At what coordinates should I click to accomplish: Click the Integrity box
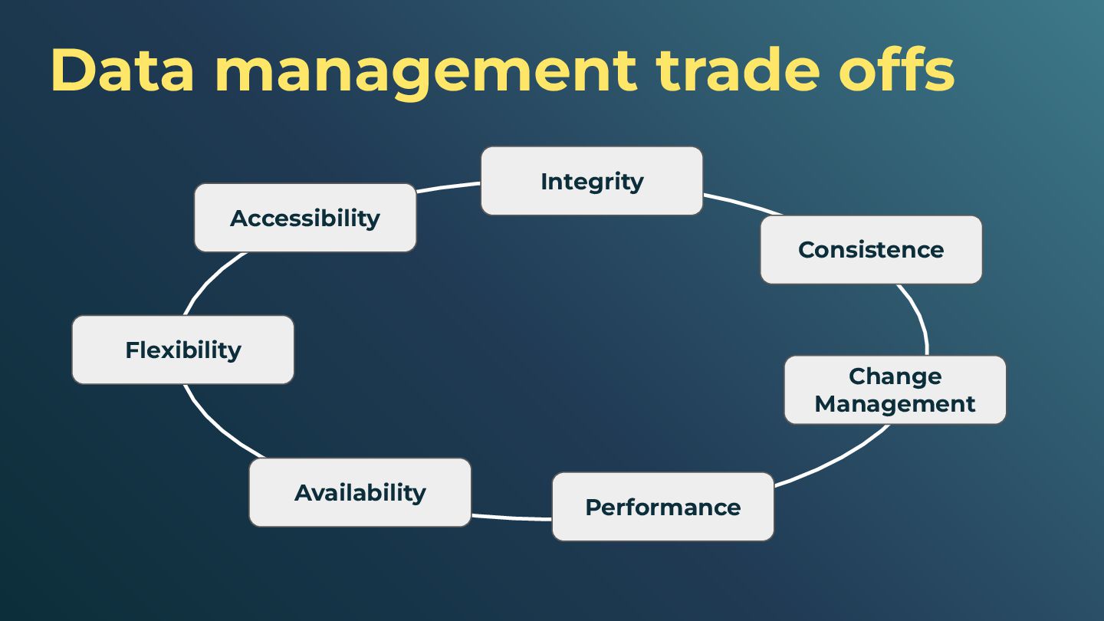coord(591,181)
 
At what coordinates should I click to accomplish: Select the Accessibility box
coord(304,218)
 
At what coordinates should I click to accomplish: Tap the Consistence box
coord(870,250)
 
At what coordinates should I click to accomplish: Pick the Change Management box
coord(895,389)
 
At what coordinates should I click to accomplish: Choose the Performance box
coord(662,507)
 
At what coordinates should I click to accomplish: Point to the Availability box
coord(360,492)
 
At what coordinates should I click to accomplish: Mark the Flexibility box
coord(182,350)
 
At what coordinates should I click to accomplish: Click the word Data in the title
coord(122,70)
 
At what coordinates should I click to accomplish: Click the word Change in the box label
coord(895,376)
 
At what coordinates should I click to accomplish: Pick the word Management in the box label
coord(895,403)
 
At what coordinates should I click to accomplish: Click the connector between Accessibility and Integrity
coord(449,186)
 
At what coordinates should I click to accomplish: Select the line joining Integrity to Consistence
coord(742,203)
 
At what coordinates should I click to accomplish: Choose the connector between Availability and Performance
coord(511,517)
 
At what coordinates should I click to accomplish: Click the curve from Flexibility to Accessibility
coord(212,279)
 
